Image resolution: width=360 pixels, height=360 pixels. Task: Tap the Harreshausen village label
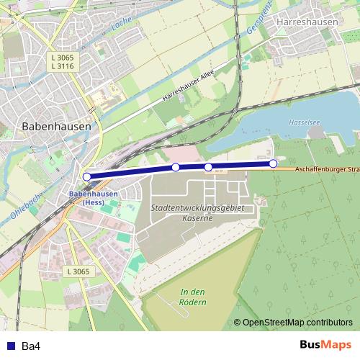[x=307, y=22]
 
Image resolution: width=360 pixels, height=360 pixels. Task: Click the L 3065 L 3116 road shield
[x=63, y=60]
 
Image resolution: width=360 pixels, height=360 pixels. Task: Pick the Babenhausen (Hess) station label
[x=93, y=197]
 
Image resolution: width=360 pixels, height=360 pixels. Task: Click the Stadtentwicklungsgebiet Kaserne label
[x=199, y=212]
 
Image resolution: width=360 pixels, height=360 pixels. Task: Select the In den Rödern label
[x=194, y=297]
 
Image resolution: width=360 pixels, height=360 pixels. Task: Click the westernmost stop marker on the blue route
[x=86, y=176]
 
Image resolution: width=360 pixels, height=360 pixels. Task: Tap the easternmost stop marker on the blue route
[x=273, y=163]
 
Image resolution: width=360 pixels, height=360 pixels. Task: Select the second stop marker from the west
[x=176, y=168]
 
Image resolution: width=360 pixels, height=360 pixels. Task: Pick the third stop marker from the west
[x=209, y=167]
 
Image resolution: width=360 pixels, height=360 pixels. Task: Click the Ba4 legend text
[x=31, y=346]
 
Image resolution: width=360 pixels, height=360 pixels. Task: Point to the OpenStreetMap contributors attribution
[x=293, y=323]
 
